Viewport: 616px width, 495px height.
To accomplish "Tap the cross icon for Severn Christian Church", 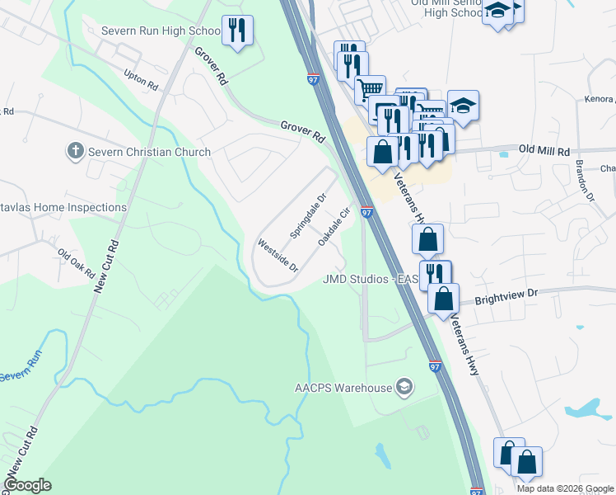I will pos(74,151).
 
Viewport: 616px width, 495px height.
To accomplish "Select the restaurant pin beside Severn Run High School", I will pos(237,31).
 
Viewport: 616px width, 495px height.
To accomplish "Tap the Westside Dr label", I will pos(277,256).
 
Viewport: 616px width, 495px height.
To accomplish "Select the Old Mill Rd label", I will pos(544,152).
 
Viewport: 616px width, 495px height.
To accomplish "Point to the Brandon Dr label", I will pos(585,181).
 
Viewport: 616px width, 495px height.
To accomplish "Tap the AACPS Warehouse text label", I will pos(343,388).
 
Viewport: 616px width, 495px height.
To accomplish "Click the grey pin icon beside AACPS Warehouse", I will pos(404,386).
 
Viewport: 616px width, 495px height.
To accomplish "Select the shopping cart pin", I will pos(371,87).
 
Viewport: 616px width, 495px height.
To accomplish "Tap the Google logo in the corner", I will pos(27,485).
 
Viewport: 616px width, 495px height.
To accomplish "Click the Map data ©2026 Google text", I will pos(564,488).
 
